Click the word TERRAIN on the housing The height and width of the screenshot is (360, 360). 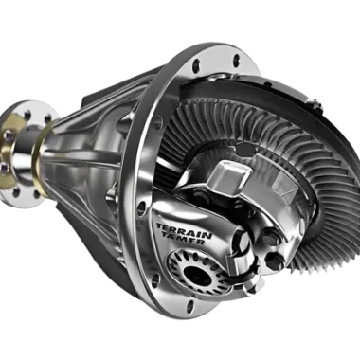pyautogui.click(x=184, y=231)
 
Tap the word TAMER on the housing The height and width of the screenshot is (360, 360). pyautogui.click(x=184, y=239)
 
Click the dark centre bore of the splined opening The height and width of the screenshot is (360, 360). pyautogui.click(x=197, y=274)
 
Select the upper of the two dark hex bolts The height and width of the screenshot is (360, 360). pyautogui.click(x=271, y=238)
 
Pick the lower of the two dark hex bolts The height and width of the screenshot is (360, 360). pyautogui.click(x=275, y=260)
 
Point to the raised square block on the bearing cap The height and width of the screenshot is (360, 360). pyautogui.click(x=228, y=173)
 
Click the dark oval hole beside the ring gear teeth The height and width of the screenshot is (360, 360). pyautogui.click(x=245, y=150)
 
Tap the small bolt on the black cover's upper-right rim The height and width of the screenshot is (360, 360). pyautogui.click(x=314, y=103)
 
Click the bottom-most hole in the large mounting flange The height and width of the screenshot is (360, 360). pyautogui.click(x=190, y=306)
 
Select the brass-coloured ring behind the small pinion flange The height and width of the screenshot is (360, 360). pyautogui.click(x=41, y=158)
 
